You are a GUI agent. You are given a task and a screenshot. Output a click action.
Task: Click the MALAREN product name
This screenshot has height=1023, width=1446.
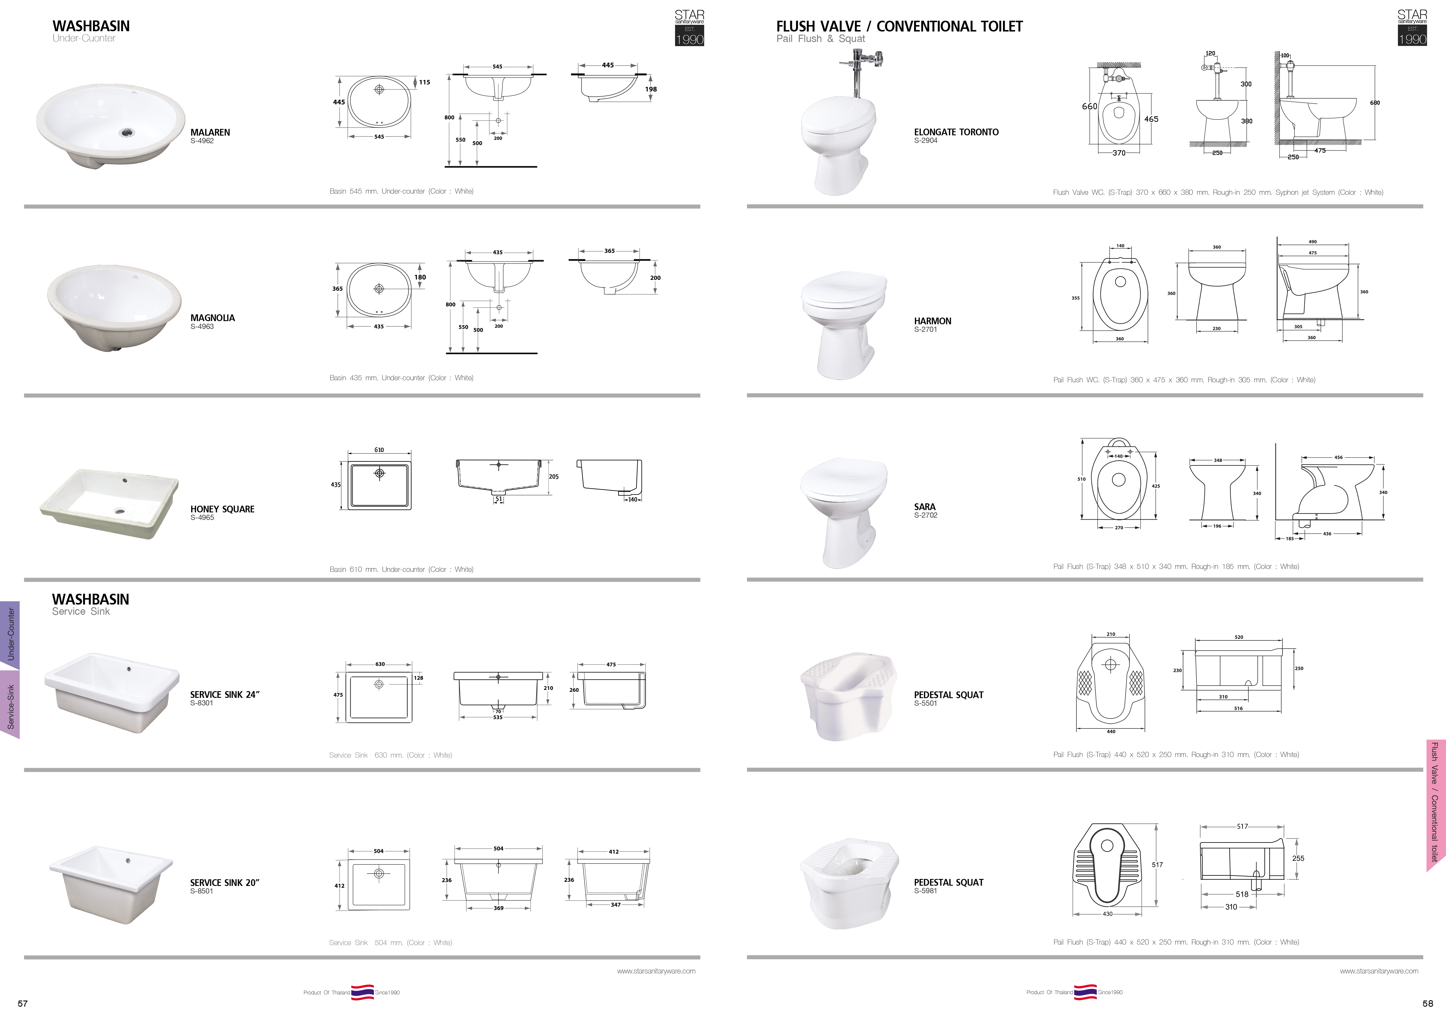tap(210, 132)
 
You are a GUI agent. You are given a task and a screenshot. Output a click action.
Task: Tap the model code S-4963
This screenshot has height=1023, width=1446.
tap(202, 326)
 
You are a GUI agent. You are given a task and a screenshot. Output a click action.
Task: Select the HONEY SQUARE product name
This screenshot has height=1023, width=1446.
tap(222, 509)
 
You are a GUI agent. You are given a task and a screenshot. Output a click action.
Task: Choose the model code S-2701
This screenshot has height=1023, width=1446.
tap(926, 330)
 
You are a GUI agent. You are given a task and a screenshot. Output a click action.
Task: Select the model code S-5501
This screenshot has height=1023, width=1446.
tap(926, 703)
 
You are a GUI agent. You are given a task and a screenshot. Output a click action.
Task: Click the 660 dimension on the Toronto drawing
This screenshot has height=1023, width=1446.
tap(1090, 106)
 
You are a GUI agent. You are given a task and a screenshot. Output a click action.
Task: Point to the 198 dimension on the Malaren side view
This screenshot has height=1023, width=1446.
tap(651, 90)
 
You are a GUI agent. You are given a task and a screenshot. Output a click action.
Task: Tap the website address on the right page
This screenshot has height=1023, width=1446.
tap(1379, 971)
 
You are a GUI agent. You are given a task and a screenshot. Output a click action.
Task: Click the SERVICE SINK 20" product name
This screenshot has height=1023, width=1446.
tap(225, 882)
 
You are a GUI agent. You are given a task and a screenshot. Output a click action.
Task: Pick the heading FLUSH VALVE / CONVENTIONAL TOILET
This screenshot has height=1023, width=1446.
tap(899, 27)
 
